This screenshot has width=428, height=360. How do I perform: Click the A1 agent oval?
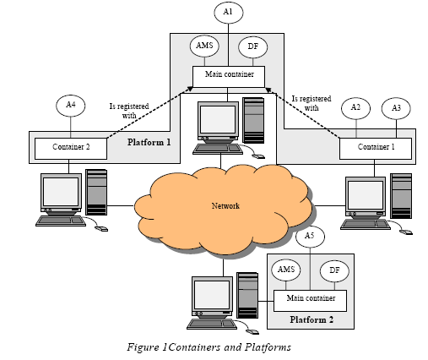click(228, 13)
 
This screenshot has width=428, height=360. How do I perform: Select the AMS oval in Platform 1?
click(204, 46)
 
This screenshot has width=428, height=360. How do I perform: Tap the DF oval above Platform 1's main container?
click(252, 47)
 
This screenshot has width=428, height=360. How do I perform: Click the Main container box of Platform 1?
click(229, 77)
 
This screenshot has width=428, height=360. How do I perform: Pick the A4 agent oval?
click(71, 106)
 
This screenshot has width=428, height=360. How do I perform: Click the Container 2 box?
click(71, 149)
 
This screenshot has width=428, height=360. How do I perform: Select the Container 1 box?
click(376, 149)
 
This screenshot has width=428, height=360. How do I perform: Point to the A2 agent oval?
click(355, 108)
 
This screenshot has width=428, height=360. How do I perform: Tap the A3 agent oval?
click(396, 108)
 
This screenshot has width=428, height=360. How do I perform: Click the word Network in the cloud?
click(225, 206)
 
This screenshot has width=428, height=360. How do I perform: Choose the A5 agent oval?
click(310, 236)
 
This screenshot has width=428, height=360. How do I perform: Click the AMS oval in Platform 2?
click(286, 270)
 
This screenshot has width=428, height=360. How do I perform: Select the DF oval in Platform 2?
click(334, 270)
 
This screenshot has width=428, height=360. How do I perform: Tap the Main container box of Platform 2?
click(310, 301)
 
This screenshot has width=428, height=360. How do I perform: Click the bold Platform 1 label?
click(149, 142)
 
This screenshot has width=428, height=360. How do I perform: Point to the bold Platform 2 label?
click(312, 319)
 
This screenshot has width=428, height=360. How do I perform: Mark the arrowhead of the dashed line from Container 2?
click(190, 89)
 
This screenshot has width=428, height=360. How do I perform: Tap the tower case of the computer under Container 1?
click(401, 196)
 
